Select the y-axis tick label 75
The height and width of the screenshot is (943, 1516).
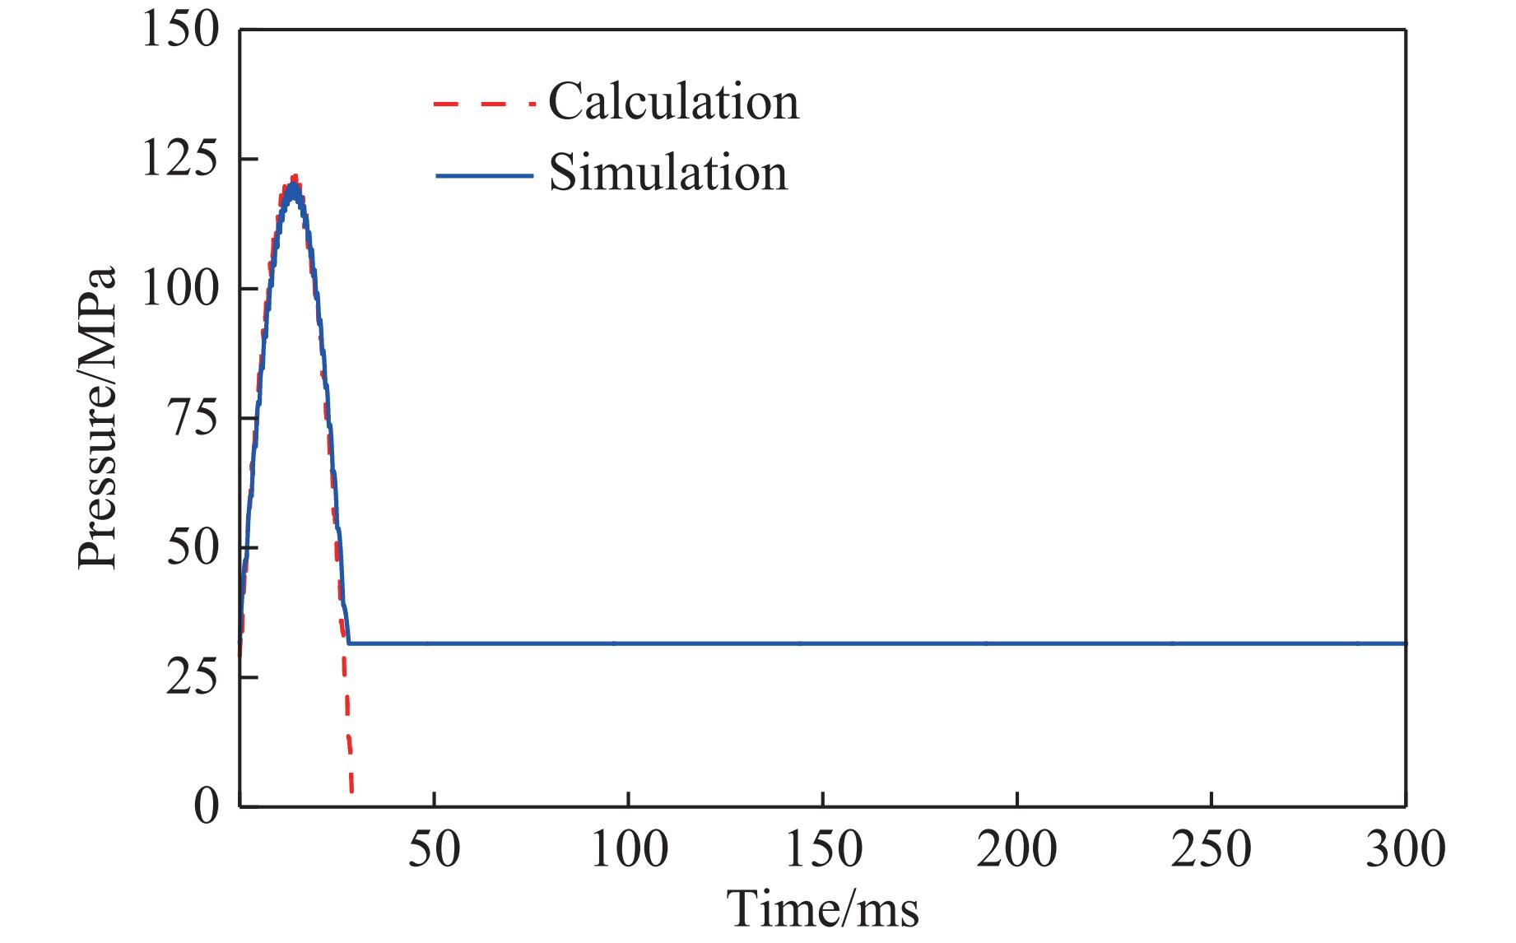[194, 419]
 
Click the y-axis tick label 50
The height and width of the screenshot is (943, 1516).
[194, 549]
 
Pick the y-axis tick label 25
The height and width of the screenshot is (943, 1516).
[194, 678]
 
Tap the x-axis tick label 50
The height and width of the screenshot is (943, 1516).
[434, 848]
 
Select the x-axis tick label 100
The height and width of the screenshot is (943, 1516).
[629, 848]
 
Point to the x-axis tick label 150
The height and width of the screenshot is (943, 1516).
[823, 848]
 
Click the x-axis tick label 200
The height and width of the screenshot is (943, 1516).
[1017, 848]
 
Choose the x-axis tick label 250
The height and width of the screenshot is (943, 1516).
[1211, 848]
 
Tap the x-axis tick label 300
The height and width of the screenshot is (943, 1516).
[1406, 848]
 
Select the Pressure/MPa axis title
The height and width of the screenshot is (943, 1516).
[98, 418]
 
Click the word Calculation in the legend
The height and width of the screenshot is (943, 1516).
[673, 102]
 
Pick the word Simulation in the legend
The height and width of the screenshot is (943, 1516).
[667, 174]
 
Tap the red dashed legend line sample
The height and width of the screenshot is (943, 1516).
[484, 104]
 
